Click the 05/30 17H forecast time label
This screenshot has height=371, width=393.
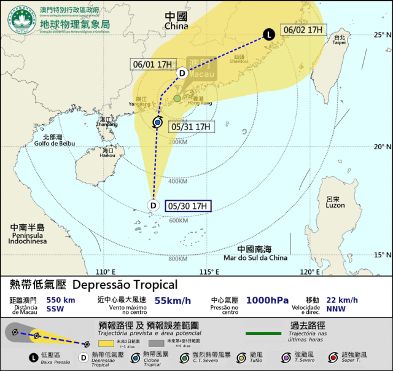(189, 206)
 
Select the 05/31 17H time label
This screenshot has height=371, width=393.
(192, 127)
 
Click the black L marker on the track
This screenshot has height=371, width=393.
(269, 34)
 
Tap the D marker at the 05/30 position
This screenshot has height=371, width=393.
(154, 205)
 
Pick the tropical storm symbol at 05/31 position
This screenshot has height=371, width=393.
(157, 123)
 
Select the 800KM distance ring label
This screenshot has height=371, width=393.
(177, 259)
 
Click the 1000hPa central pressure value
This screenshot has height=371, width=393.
(267, 300)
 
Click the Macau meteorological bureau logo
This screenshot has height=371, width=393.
(21, 20)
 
